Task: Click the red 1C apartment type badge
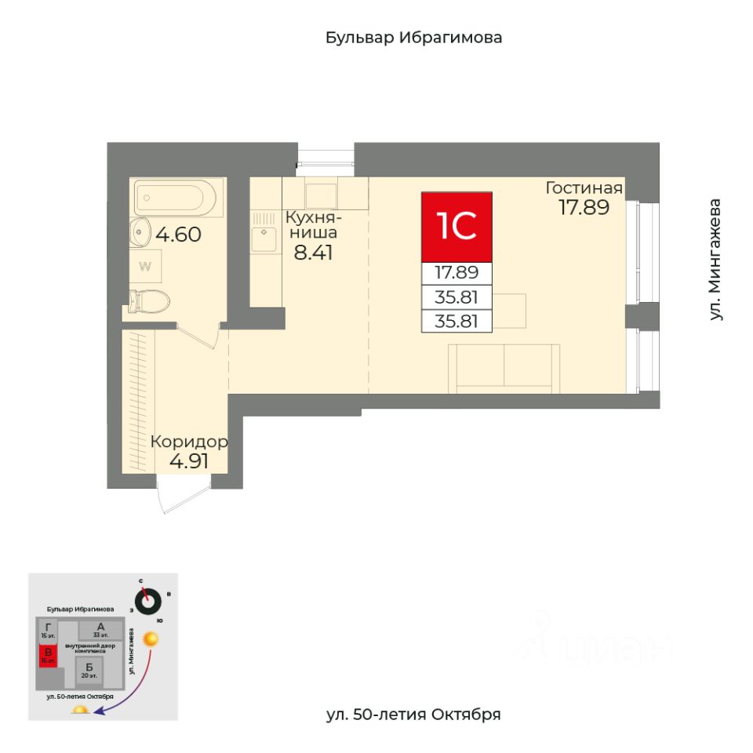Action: coord(457,227)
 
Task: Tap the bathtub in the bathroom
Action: coord(178,198)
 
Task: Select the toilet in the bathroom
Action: coord(151,301)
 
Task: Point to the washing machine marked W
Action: coord(145,265)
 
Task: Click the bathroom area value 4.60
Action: coord(179,234)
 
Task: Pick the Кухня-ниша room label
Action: coord(311,224)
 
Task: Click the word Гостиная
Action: coord(584,188)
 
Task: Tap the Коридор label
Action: coord(189,442)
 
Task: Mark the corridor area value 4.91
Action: coord(189,461)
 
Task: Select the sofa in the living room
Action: coord(504,368)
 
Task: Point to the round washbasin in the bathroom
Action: coord(140,231)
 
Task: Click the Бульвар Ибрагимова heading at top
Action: coord(413,38)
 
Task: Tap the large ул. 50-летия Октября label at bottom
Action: coord(413,715)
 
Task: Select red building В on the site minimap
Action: coord(49,654)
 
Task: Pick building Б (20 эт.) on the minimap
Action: coord(88,669)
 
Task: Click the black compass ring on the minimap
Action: coord(147,602)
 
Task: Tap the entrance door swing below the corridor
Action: coord(174,498)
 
